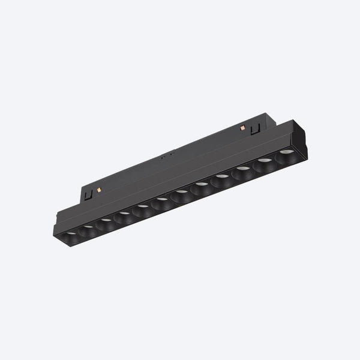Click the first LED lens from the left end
tap(72, 232)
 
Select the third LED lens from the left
tap(106, 221)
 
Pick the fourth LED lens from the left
tap(124, 214)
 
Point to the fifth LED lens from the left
tap(143, 208)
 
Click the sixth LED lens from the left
tap(161, 201)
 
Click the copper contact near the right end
tap(242, 128)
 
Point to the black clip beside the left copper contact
tap(89, 194)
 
